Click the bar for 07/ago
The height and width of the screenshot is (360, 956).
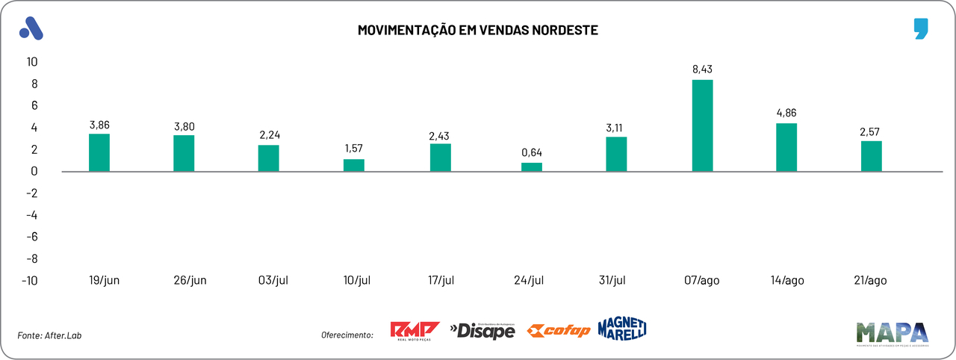click(x=703, y=125)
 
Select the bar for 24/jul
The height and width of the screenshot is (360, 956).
click(x=532, y=167)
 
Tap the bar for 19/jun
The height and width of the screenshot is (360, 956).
click(x=99, y=152)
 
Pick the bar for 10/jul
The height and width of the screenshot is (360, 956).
click(x=354, y=165)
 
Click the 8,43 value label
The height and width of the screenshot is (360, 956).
click(x=703, y=69)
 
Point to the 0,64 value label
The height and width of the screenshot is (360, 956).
click(x=532, y=153)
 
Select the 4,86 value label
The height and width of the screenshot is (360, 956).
click(x=787, y=113)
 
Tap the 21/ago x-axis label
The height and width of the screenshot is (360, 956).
click(x=870, y=280)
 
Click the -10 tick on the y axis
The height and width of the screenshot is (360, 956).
click(x=30, y=281)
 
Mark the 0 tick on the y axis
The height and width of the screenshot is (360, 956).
click(x=34, y=171)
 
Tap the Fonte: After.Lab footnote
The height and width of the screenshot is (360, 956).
click(x=49, y=335)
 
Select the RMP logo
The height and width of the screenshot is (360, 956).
click(x=415, y=331)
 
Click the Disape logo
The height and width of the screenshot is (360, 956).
click(x=482, y=330)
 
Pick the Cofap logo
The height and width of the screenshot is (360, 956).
click(x=559, y=330)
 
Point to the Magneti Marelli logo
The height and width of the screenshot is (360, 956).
click(x=621, y=328)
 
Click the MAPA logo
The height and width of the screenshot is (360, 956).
click(x=892, y=333)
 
